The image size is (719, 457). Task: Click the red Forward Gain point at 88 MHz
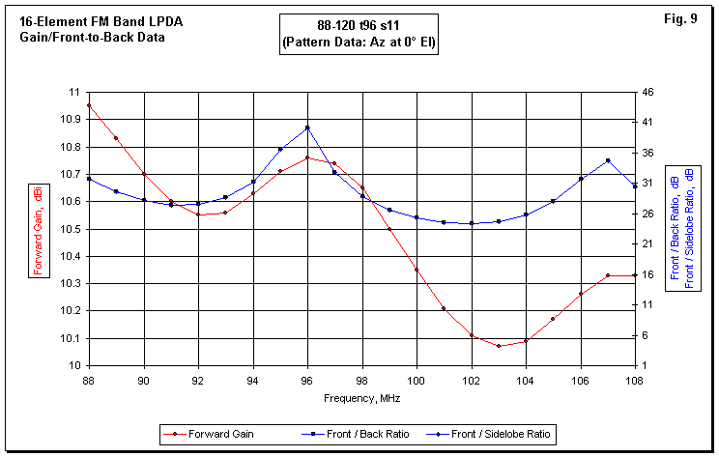[89, 105]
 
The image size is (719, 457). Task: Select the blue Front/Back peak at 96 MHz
[307, 128]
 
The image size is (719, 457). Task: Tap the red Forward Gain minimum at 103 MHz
[499, 346]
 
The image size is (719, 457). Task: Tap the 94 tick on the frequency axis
[253, 380]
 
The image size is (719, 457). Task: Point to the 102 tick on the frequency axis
[472, 380]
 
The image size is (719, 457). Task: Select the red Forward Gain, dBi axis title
[38, 228]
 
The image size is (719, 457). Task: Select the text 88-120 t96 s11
[359, 27]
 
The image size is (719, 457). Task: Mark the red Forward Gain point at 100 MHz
[417, 270]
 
